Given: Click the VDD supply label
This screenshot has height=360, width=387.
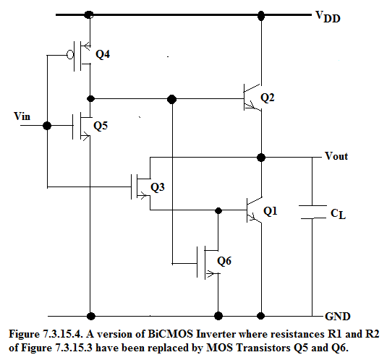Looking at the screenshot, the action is pos(328,17).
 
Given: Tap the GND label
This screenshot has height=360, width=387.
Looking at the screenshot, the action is pos(338,316).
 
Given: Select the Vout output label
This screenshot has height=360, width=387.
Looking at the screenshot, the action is pos(336,156).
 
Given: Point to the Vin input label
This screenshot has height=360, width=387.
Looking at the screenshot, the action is pos(22,116).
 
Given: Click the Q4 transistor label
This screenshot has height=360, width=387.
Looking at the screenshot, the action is pos(103,54).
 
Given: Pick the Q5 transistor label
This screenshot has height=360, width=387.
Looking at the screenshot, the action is pos(101,126).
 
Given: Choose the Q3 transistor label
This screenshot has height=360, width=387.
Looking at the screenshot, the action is pos(158,187).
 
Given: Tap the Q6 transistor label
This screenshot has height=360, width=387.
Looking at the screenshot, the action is pos(224,261).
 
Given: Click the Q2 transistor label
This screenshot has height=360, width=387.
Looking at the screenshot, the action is pos(268,98).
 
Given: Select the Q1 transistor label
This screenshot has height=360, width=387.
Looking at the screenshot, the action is pos(271,211).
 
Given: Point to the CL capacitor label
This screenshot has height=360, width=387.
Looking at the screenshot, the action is pos(338,214).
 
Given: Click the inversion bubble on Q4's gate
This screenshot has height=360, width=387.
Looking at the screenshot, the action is pos(70,55).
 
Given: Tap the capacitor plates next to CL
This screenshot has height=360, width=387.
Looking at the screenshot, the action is pos(312,212).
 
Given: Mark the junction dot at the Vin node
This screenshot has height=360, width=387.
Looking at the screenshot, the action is pos(47,126).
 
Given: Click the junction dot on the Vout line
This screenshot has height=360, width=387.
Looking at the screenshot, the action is pos(261,157).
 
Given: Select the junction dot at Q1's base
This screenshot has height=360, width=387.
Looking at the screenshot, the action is pos(218,210).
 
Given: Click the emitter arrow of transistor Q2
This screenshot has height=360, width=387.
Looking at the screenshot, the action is pos(251,105).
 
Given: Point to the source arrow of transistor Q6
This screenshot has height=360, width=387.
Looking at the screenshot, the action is pos(210,274).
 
